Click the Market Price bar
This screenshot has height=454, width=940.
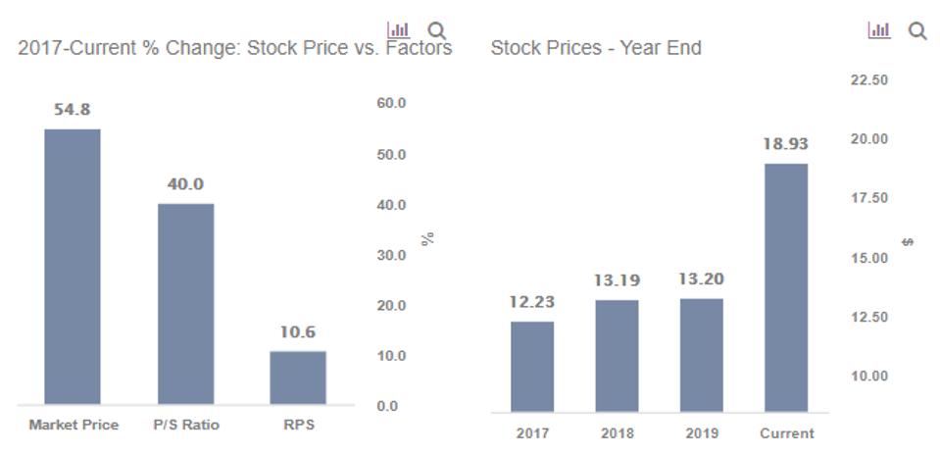[x=73, y=266]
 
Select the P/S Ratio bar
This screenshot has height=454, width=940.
[x=186, y=303]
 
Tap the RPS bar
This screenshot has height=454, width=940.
[x=298, y=378]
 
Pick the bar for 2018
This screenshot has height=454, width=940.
[x=617, y=355]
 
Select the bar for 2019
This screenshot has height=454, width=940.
[x=701, y=355]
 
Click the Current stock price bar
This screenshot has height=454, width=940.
[x=786, y=287]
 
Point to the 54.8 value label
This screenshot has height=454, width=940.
[x=73, y=110]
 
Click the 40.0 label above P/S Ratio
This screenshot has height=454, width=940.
[x=185, y=184]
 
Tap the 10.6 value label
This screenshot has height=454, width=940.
[x=298, y=332]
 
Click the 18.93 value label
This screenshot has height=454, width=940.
[x=786, y=144]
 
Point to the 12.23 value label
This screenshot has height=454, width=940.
[x=531, y=302]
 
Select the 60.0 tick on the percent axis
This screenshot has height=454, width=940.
[x=391, y=103]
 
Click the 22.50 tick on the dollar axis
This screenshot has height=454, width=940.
[x=868, y=79]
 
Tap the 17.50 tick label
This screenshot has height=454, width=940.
[x=868, y=198]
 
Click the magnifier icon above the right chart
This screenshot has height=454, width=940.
[x=917, y=31]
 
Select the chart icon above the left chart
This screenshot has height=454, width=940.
[x=398, y=30]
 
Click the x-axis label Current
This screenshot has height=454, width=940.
[x=786, y=433]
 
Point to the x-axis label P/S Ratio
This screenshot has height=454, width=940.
[x=186, y=425]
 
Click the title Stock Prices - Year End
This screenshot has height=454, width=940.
[x=595, y=47]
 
